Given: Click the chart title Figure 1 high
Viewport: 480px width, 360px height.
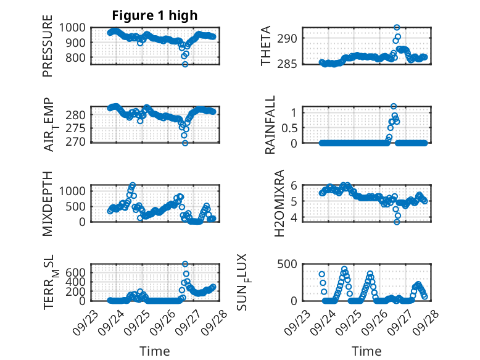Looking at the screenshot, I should pos(155,15).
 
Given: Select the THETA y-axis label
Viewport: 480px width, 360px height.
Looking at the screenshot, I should pos(266,46).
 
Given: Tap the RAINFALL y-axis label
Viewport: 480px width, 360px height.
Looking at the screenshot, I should pos(270,125).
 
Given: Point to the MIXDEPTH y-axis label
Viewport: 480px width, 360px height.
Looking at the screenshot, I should pos(48,204).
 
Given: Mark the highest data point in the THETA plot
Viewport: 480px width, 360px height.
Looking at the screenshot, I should pos(397,28).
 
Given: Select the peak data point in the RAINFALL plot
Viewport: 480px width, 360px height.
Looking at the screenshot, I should pos(394,106).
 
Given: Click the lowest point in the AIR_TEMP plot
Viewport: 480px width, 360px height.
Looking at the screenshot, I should pos(184,143).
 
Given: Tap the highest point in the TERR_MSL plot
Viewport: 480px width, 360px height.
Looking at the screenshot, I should pos(185,264).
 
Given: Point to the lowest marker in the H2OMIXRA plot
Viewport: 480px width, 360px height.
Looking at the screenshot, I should pos(397,221).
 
